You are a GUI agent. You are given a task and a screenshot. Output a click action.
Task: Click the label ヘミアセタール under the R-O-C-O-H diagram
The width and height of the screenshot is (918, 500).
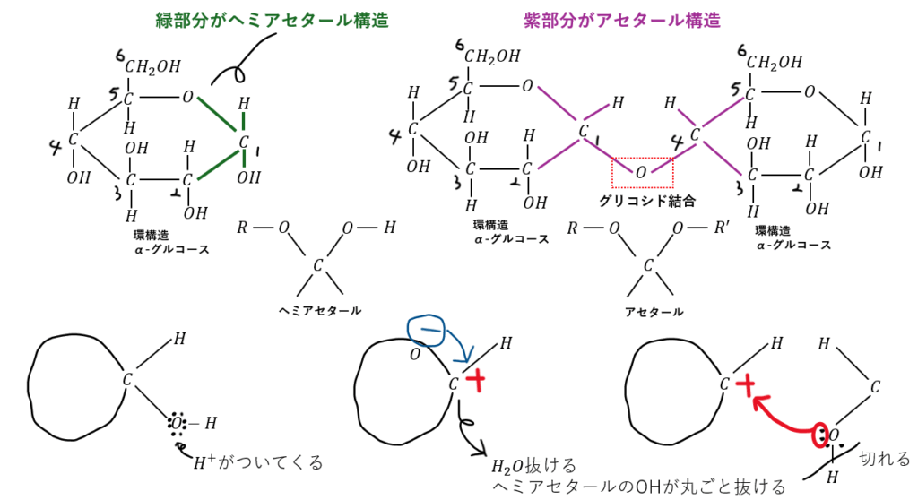pos(320,310)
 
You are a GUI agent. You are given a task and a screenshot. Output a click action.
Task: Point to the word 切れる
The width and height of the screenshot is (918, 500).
pos(885,458)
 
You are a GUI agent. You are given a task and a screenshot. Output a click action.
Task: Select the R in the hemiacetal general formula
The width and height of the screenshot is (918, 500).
pos(241,228)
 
